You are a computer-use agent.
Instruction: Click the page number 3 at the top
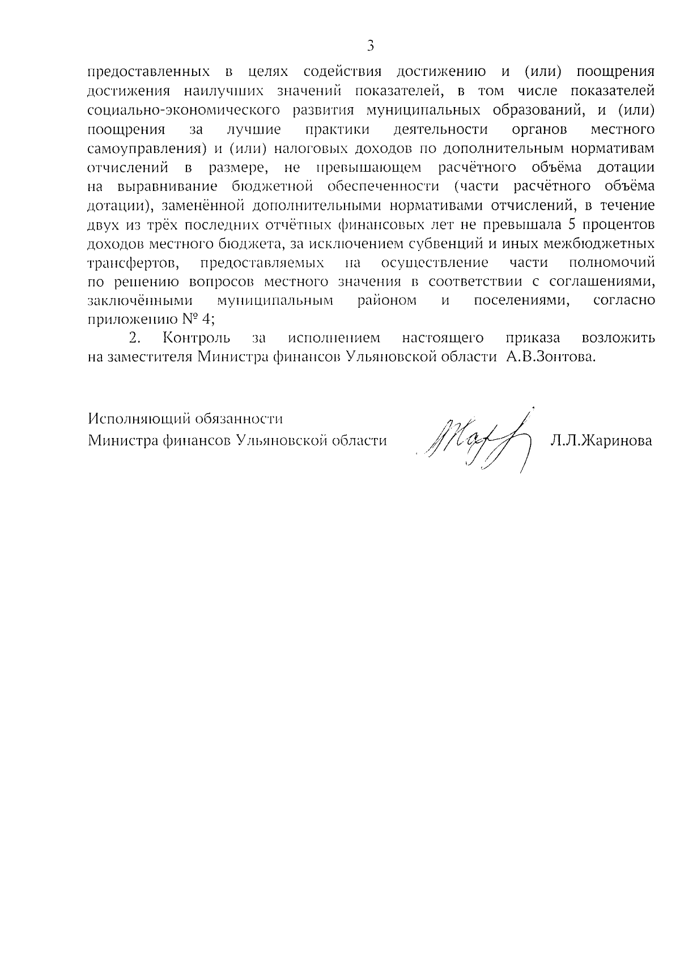click(x=370, y=45)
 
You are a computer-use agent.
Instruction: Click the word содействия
click(x=342, y=72)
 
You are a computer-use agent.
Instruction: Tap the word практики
click(x=337, y=129)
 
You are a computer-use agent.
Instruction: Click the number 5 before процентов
click(x=572, y=224)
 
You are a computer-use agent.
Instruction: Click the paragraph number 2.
click(x=134, y=338)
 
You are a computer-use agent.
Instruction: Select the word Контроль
click(x=196, y=338)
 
